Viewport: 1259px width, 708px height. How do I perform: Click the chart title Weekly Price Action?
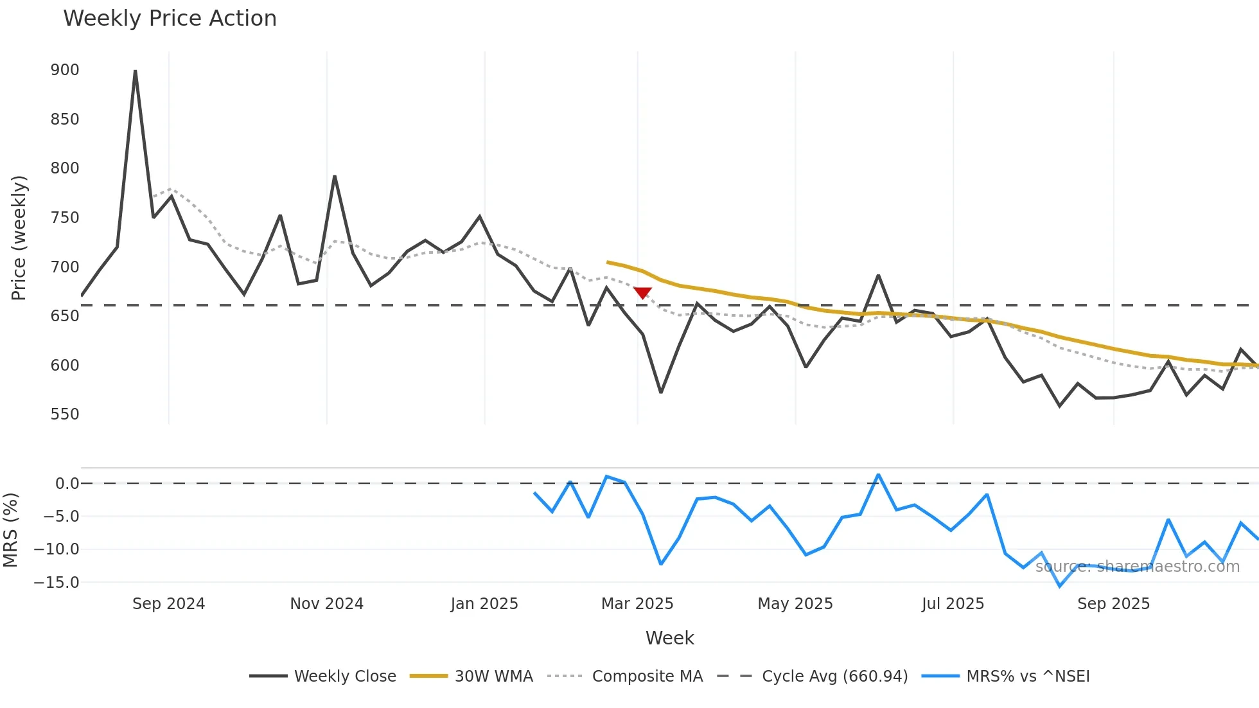click(170, 19)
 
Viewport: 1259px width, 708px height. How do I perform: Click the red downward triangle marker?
click(642, 293)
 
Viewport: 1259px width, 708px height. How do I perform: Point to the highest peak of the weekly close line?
click(135, 71)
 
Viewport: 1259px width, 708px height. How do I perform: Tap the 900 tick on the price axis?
click(65, 70)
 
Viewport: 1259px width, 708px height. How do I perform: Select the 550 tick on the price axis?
click(65, 414)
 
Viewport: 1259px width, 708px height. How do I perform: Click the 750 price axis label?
click(65, 218)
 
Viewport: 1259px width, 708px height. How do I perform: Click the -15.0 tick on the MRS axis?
click(57, 583)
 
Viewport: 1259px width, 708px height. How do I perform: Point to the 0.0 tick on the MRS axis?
click(67, 484)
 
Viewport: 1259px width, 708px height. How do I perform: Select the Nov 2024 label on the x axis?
click(326, 604)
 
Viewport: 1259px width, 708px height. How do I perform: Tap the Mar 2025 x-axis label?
click(637, 604)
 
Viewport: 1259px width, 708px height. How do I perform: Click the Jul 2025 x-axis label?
click(953, 604)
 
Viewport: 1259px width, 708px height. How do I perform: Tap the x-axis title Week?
click(669, 638)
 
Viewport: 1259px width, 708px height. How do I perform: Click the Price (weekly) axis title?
click(19, 238)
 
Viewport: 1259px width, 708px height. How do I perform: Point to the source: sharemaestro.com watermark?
click(1137, 567)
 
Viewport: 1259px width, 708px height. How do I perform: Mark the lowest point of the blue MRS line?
click(1060, 586)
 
